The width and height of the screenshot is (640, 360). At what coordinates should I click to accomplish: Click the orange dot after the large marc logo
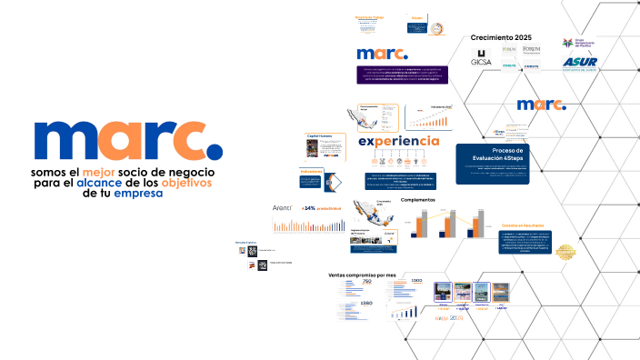pyautogui.click(x=211, y=145)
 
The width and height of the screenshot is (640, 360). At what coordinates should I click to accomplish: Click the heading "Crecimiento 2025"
pyautogui.click(x=501, y=36)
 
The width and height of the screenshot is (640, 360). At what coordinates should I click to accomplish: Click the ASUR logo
pyautogui.click(x=578, y=63)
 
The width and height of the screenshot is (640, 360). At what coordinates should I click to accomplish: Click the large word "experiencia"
pyautogui.click(x=399, y=141)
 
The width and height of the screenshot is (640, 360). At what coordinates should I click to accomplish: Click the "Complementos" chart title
pyautogui.click(x=419, y=200)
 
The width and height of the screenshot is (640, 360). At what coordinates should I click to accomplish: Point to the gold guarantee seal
pyautogui.click(x=566, y=252)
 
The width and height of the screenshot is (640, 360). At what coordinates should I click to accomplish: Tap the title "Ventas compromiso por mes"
pyautogui.click(x=363, y=274)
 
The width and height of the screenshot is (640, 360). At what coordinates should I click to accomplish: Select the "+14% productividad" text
pyautogui.click(x=318, y=209)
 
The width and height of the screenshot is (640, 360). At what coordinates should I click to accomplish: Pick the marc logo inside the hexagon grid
pyautogui.click(x=541, y=104)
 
